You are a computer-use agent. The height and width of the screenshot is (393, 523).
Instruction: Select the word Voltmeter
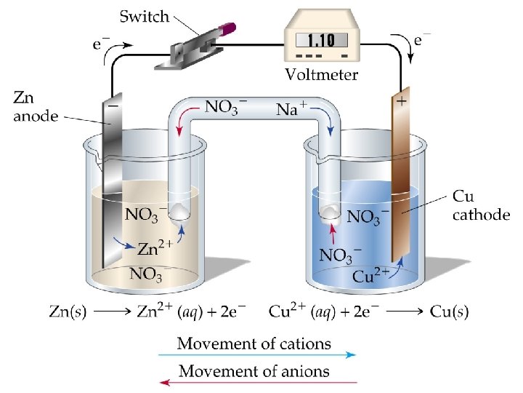(321, 74)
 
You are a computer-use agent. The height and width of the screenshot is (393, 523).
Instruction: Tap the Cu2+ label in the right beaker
(371, 275)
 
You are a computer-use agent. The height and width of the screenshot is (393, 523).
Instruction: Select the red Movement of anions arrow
(258, 381)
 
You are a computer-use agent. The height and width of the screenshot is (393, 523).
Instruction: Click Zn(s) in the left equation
(66, 312)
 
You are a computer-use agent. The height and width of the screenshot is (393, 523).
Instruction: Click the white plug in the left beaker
(181, 212)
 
